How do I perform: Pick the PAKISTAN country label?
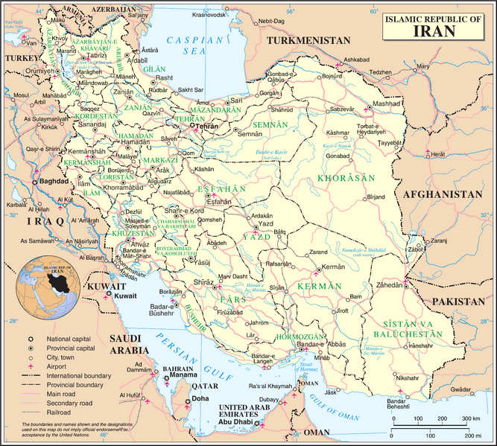[457, 302]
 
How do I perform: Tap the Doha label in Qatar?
[200, 399]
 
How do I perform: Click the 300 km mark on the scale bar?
[469, 420]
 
